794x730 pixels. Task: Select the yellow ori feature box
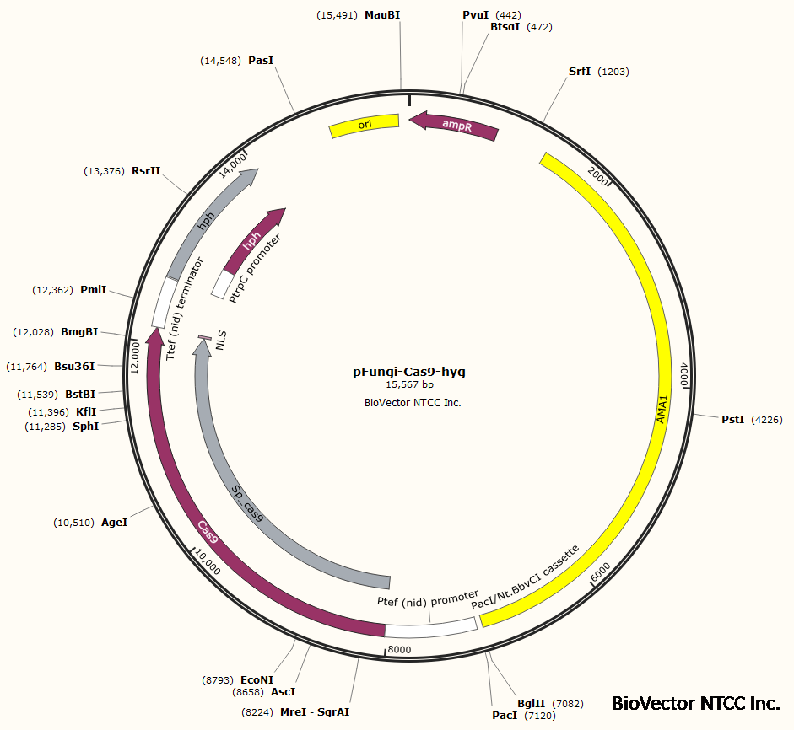click(x=364, y=125)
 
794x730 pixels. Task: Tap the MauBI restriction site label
click(x=381, y=15)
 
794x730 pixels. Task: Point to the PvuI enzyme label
click(x=476, y=15)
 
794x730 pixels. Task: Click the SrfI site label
click(x=580, y=72)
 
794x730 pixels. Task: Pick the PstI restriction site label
click(x=732, y=419)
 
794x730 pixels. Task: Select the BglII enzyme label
click(x=532, y=703)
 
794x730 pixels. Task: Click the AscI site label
click(x=283, y=691)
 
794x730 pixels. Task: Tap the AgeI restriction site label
click(x=114, y=523)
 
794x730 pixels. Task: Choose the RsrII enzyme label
click(x=146, y=171)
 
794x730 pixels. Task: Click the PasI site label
click(x=261, y=61)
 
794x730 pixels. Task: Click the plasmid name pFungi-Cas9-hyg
click(x=409, y=371)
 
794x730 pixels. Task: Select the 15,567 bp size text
click(x=409, y=384)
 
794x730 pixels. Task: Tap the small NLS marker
click(x=204, y=338)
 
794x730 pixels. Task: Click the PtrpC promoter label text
click(x=256, y=267)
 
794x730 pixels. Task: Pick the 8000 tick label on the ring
click(x=398, y=649)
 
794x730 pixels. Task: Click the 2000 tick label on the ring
click(x=598, y=176)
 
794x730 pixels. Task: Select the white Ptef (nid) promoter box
click(x=430, y=628)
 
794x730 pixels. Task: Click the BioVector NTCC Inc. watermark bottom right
click(x=695, y=703)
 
